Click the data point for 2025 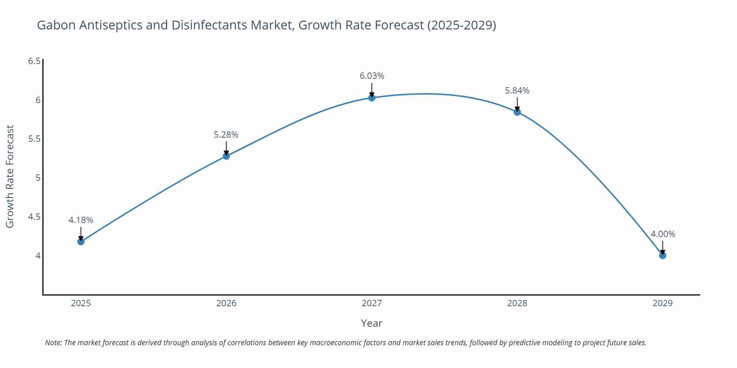(81, 241)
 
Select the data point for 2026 (226, 156)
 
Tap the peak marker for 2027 (371, 98)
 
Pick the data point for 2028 (517, 112)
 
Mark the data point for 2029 (663, 255)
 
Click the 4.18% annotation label (81, 220)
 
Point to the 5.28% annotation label (226, 135)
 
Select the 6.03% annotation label (371, 76)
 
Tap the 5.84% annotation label (517, 91)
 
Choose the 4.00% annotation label (663, 234)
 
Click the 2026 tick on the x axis (226, 303)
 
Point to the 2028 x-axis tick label (517, 303)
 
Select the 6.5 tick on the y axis (34, 61)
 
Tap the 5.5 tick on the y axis (34, 139)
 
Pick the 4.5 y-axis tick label (34, 217)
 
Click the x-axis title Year (371, 323)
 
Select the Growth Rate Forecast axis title (10, 176)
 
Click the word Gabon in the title (56, 25)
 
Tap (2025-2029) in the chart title (461, 25)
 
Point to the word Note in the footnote (53, 343)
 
